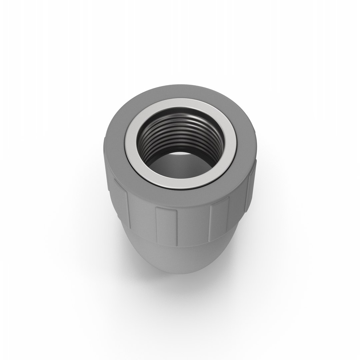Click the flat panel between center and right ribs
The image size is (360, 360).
tap(193, 227)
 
